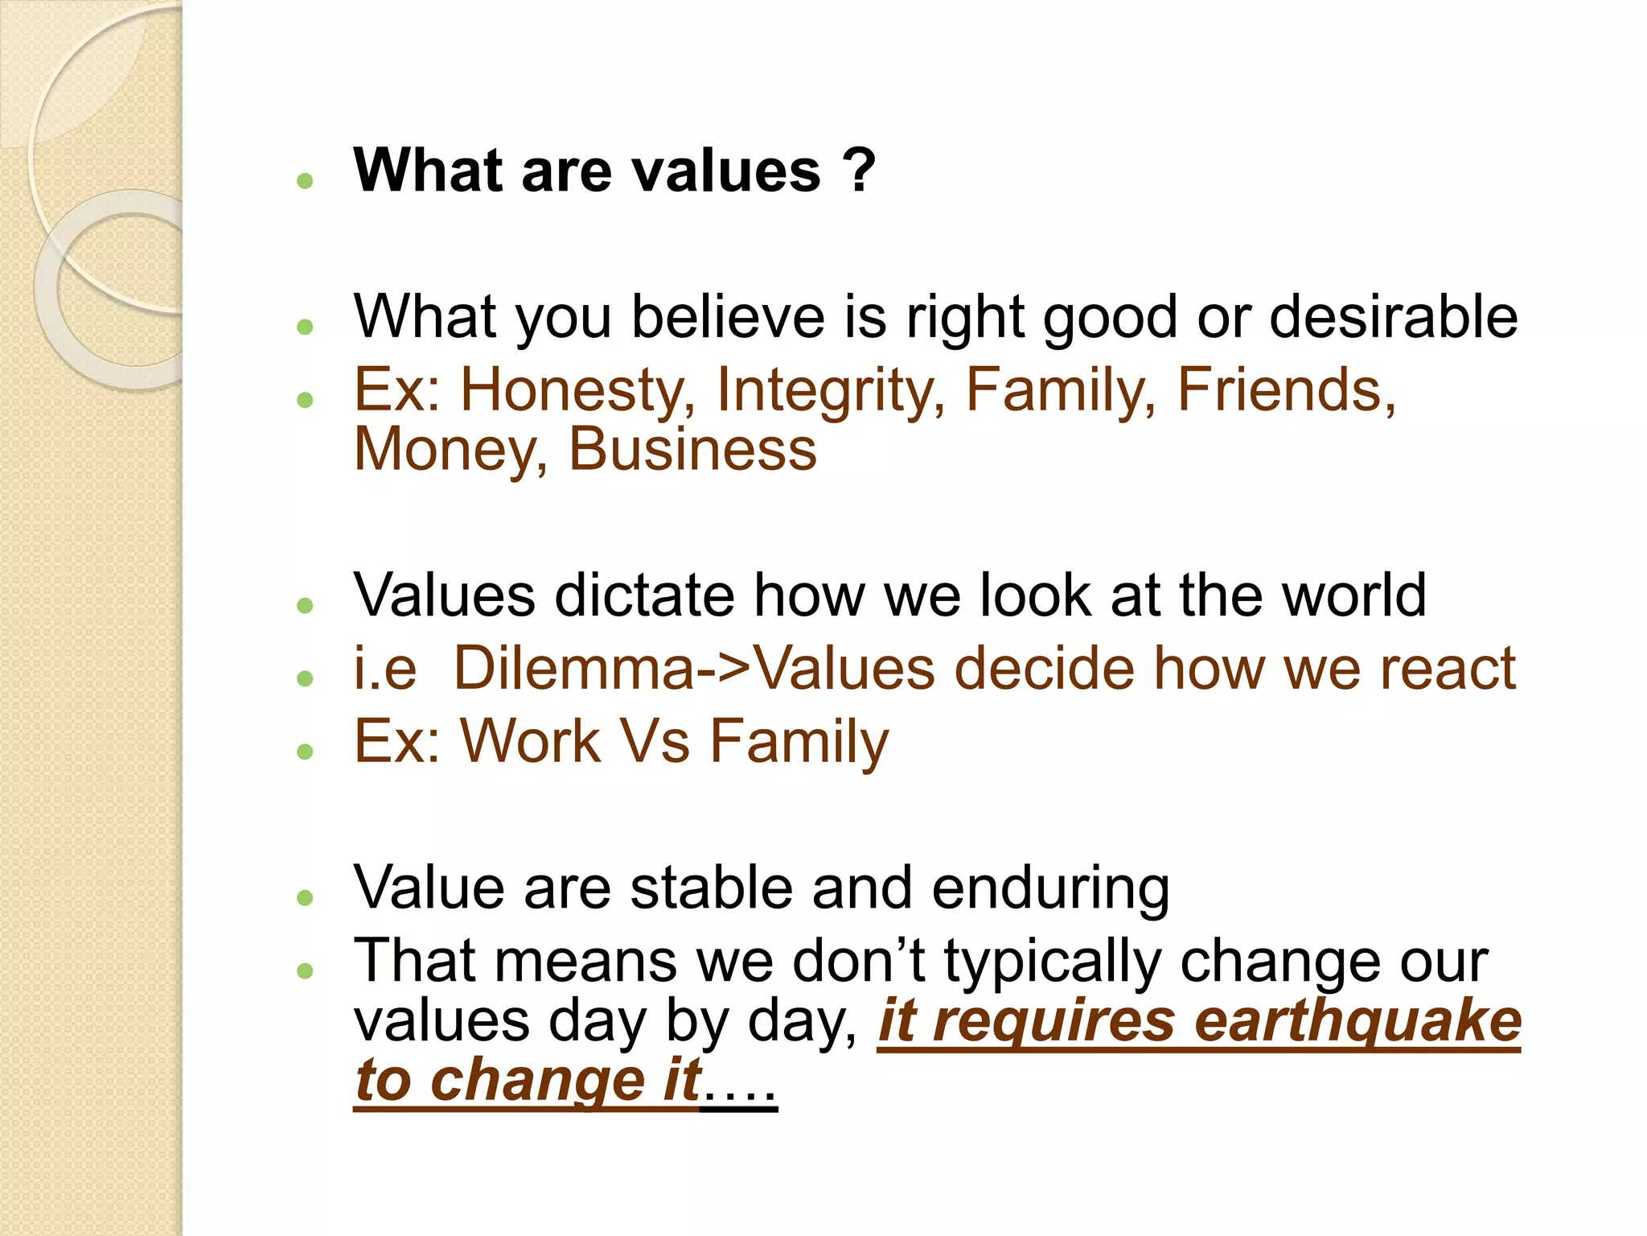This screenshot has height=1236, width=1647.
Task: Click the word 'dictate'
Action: pyautogui.click(x=644, y=595)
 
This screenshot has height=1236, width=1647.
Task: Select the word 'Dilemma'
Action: pyautogui.click(x=573, y=669)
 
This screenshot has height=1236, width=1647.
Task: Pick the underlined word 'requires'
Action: pyautogui.click(x=1050, y=1022)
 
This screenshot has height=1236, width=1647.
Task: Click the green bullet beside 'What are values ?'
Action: pyautogui.click(x=304, y=181)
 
